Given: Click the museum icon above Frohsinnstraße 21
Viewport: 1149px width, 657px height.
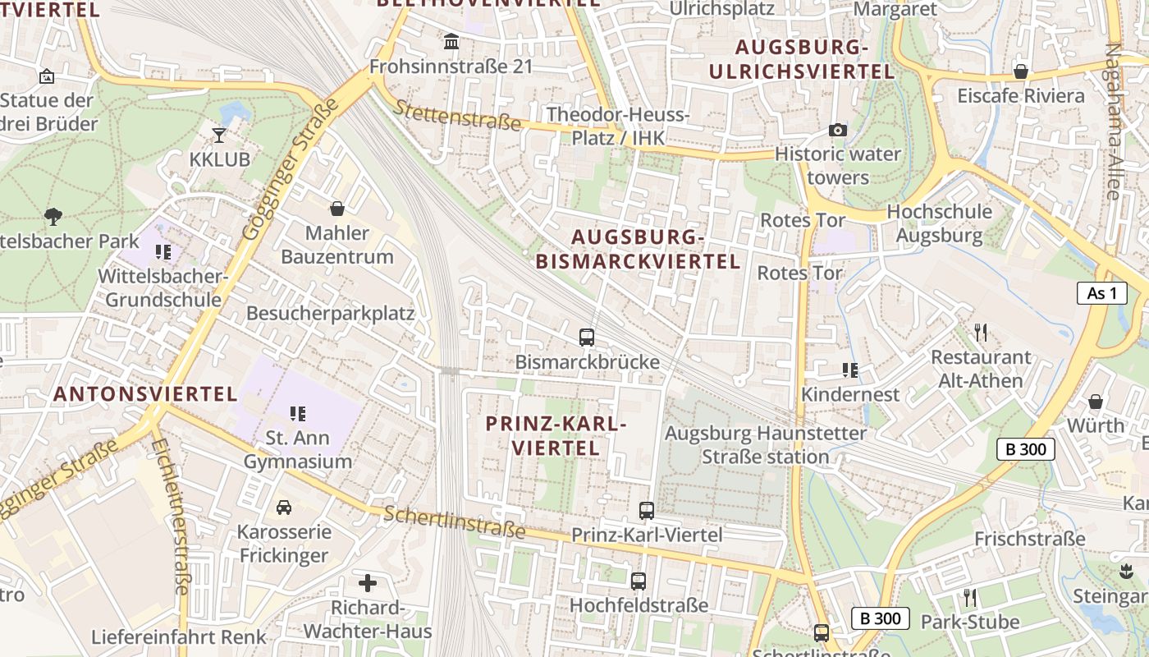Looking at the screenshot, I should (451, 41).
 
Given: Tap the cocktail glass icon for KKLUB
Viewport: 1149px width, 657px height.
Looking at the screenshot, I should (219, 135).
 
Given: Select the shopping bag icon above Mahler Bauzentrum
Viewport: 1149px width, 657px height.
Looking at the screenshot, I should (336, 209).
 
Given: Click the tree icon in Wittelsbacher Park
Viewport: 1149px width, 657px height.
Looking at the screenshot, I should (54, 217).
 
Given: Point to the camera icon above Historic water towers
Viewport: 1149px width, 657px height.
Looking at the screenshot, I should (837, 130).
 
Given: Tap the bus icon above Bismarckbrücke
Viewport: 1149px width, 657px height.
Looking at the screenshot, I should (587, 337).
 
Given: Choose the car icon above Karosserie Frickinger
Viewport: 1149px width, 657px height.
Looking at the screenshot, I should (284, 507).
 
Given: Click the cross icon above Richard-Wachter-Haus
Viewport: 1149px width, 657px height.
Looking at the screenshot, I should (368, 583).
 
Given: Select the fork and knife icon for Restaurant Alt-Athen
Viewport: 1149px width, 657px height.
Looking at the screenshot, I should (980, 332).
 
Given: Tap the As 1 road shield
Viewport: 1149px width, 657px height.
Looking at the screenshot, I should (1102, 293).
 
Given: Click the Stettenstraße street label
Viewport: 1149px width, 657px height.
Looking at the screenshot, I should (457, 116).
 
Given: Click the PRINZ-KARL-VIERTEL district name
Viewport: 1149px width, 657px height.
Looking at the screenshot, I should (556, 436).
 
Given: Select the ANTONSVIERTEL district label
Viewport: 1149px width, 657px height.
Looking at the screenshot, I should (145, 394).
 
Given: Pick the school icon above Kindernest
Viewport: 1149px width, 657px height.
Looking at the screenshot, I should (850, 370).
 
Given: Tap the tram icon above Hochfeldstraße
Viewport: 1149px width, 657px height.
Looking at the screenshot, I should (639, 581).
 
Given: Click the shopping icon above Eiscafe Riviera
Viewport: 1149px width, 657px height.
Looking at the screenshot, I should (1021, 71).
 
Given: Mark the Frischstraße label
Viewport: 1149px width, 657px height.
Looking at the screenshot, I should (1029, 539).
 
